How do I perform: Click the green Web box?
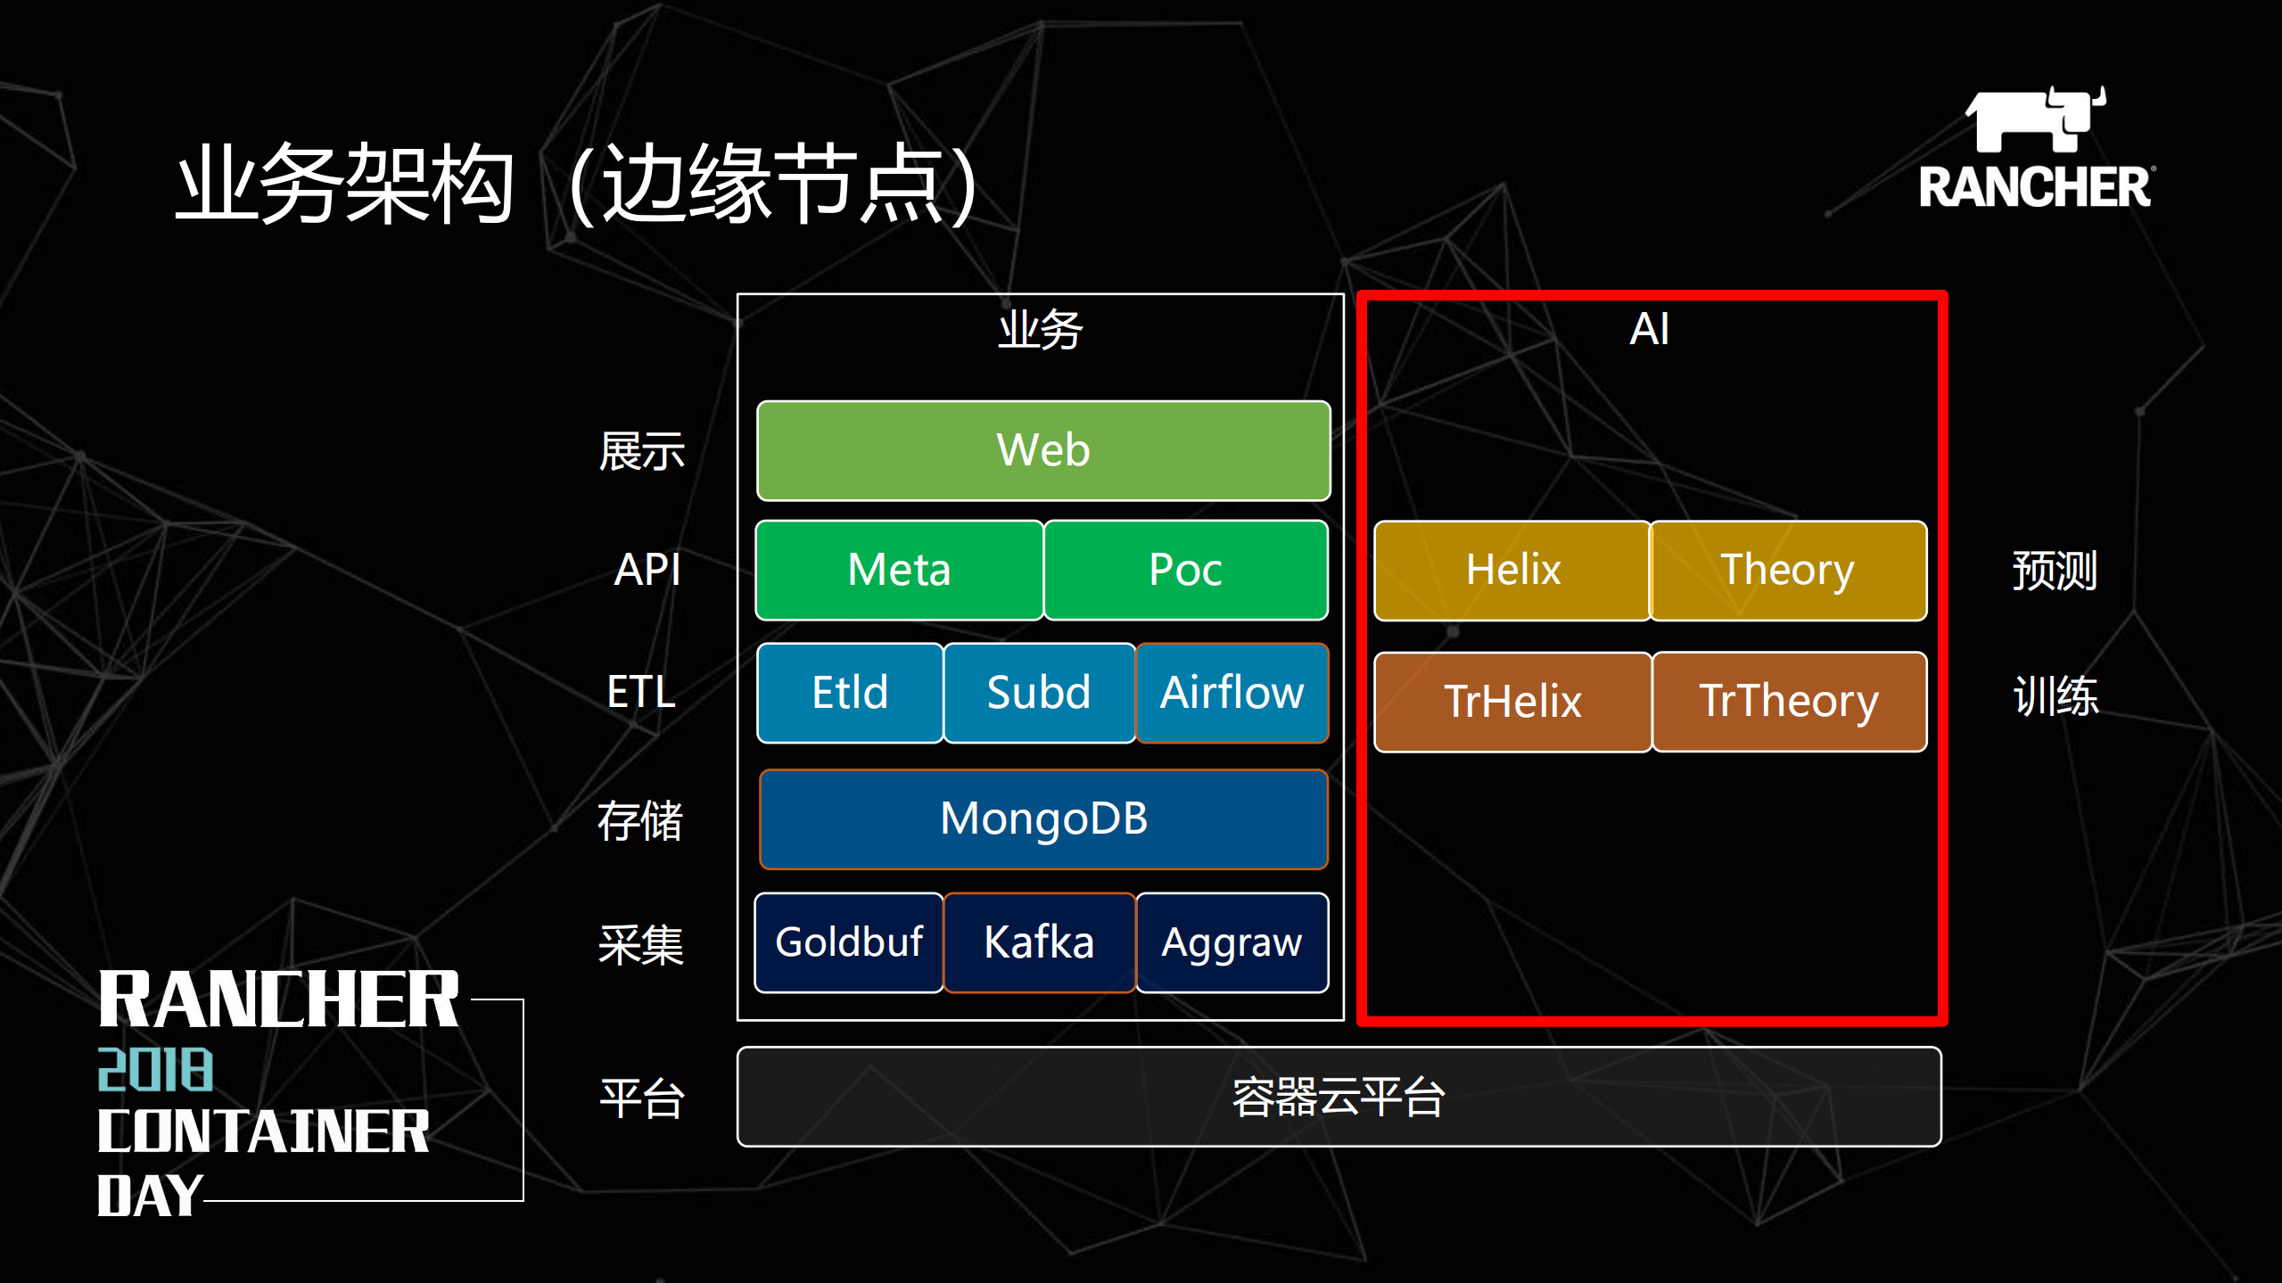click(x=1042, y=450)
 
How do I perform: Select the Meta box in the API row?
click(x=899, y=570)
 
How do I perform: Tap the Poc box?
click(x=1185, y=570)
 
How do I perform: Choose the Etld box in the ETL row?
click(x=850, y=693)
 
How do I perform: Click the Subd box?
click(x=1039, y=693)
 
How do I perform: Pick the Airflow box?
click(x=1232, y=693)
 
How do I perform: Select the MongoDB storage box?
click(x=1043, y=818)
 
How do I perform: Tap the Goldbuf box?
click(x=849, y=942)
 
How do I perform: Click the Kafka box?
click(x=1039, y=942)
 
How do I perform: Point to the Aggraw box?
click(x=1232, y=942)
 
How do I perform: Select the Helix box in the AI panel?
click(x=1512, y=570)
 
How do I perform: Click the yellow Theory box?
click(x=1788, y=570)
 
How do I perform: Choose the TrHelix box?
click(x=1512, y=702)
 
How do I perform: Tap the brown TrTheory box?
click(x=1789, y=702)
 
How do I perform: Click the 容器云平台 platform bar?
click(x=1339, y=1097)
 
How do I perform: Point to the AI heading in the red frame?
click(x=1649, y=329)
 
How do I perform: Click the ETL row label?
click(x=641, y=692)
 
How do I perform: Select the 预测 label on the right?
click(x=2055, y=571)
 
